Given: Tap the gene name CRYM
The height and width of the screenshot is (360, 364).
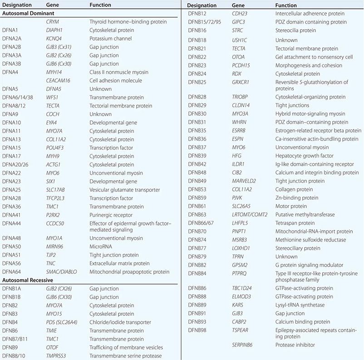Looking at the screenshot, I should tap(53, 22).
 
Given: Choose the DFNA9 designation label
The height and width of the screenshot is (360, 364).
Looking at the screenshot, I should tap(11, 114).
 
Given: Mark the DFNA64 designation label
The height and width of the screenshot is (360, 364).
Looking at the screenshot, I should tap(13, 272).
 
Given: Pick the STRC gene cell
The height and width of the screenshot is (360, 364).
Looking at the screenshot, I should tap(238, 30).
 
